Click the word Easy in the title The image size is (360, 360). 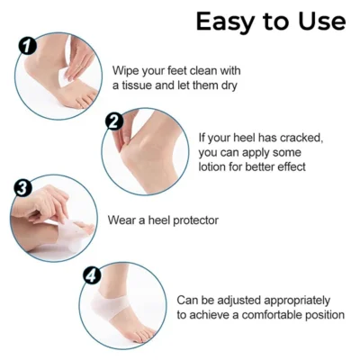[x=226, y=22]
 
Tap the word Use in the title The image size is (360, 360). [x=321, y=22]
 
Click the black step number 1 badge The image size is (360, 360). [x=28, y=46]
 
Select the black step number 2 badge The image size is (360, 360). [x=114, y=122]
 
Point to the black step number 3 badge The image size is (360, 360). [x=22, y=188]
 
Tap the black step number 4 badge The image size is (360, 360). [x=92, y=275]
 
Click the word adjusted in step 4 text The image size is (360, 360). [x=238, y=301]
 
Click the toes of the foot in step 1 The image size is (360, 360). [x=85, y=99]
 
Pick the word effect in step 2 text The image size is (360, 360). [x=292, y=166]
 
